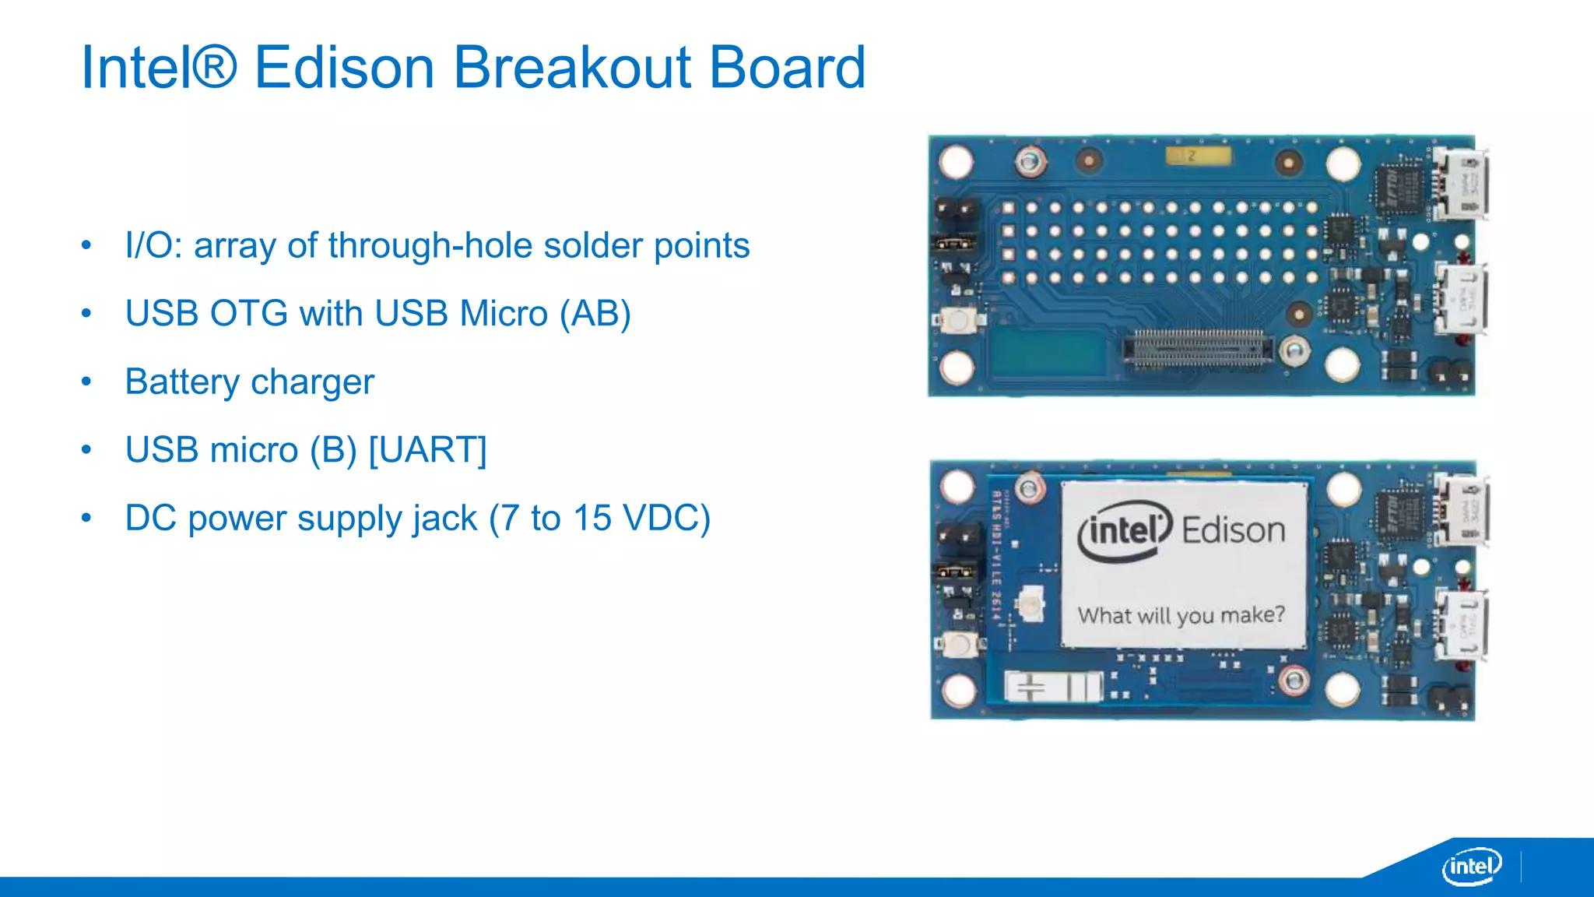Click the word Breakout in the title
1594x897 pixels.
[572, 68]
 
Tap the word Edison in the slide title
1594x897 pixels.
[344, 68]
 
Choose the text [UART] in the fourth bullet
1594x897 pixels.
[427, 450]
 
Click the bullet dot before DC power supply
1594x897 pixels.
[86, 518]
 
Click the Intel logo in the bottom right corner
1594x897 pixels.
[1472, 866]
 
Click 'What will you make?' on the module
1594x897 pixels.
[1181, 615]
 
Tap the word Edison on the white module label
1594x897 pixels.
[1233, 531]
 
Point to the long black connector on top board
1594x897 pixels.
[1198, 348]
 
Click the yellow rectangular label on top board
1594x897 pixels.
[1198, 156]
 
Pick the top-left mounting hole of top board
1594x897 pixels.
[956, 162]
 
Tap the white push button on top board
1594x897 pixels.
[957, 320]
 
